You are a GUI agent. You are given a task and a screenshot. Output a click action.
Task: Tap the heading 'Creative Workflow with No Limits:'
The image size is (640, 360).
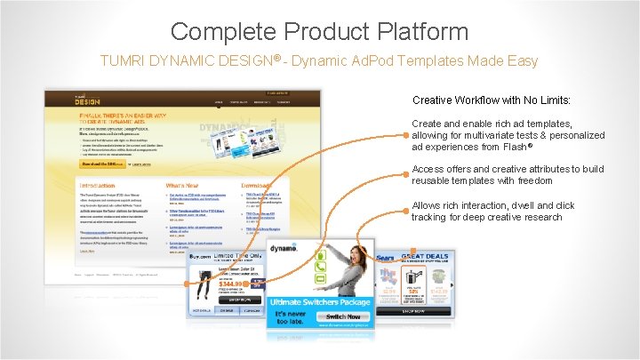tap(491, 100)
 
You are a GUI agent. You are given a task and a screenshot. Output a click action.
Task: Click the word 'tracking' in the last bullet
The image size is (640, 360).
tap(428, 217)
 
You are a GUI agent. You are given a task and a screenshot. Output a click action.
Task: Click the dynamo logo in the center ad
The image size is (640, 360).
tap(284, 252)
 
